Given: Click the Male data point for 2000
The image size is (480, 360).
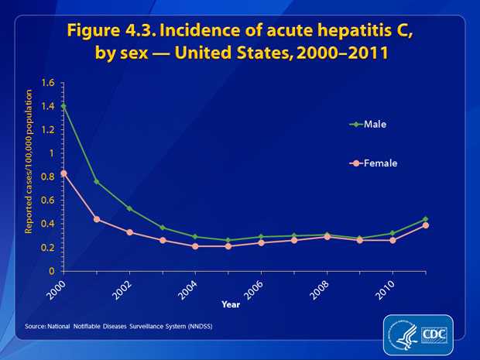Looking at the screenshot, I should click(x=63, y=105).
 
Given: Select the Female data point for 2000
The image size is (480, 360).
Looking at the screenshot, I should click(x=63, y=173).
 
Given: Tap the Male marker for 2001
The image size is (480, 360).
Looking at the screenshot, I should click(x=96, y=181).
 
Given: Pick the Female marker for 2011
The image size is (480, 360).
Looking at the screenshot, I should click(x=426, y=225).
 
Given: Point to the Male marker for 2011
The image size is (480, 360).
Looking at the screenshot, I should click(x=426, y=219).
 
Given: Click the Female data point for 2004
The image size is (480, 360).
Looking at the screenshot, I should click(x=195, y=246).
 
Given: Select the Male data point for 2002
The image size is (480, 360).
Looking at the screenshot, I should click(x=129, y=208).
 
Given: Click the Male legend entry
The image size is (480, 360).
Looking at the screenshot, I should click(x=375, y=123).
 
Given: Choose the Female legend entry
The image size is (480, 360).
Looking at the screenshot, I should click(x=380, y=163).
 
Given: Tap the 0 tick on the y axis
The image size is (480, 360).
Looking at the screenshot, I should click(x=52, y=272).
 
